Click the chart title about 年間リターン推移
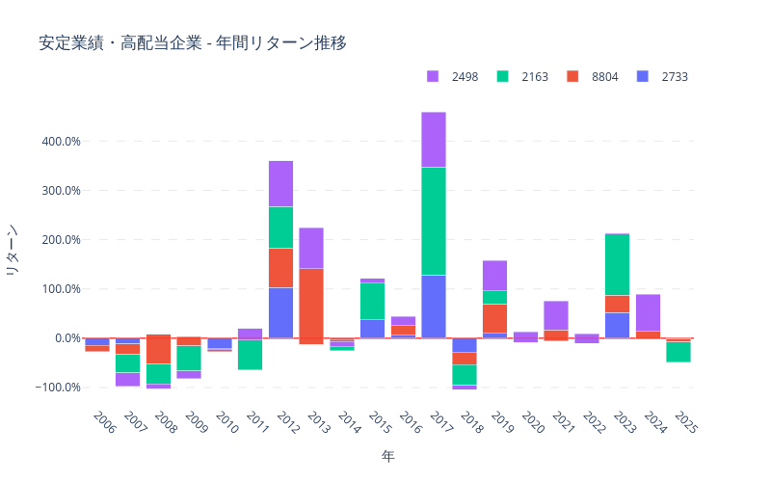(x=193, y=43)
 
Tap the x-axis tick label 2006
(x=104, y=422)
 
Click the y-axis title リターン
(x=13, y=251)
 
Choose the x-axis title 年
(x=387, y=455)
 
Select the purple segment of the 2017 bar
(x=434, y=140)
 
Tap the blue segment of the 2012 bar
(x=280, y=312)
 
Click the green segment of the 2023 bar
(x=618, y=264)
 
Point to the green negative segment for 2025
(x=678, y=352)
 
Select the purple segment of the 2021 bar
(x=556, y=315)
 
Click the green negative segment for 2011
(x=250, y=355)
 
